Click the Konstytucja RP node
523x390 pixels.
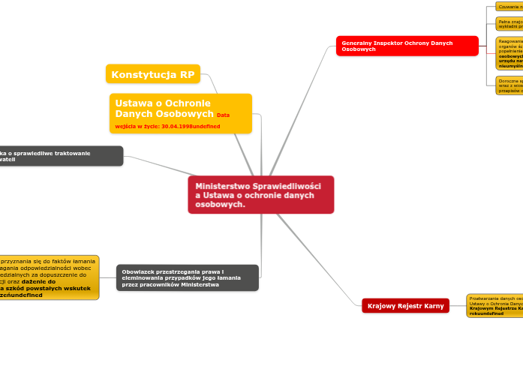(x=153, y=74)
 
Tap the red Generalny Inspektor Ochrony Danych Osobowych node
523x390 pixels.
(x=407, y=46)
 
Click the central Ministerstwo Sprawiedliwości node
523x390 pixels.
(x=260, y=195)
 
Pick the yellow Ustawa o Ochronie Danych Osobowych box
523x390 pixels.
(x=180, y=113)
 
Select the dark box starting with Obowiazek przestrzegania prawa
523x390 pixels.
(x=187, y=277)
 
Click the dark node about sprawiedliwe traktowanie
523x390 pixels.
(x=60, y=156)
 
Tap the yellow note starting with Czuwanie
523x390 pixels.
(x=509, y=7)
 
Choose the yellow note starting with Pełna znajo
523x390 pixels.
(x=509, y=23)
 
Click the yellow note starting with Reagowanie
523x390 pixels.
(x=509, y=53)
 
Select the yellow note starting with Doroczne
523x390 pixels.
(x=509, y=85)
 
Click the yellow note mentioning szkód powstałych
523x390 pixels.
(x=48, y=277)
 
